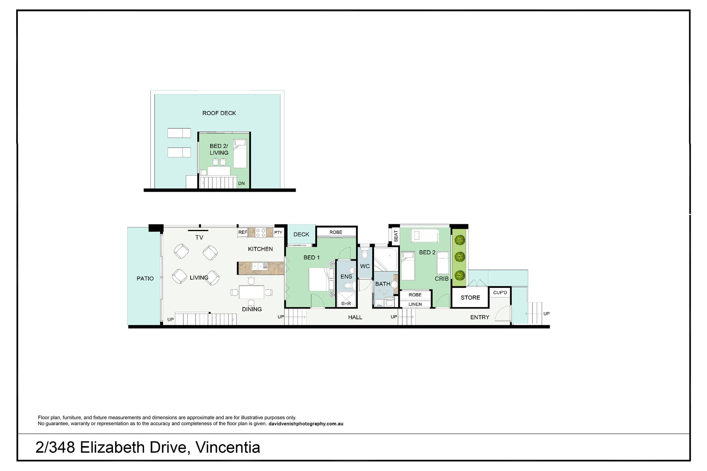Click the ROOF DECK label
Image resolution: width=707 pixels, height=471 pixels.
219,113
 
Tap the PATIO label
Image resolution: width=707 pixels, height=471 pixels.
145,279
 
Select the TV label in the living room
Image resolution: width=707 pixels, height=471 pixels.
199,238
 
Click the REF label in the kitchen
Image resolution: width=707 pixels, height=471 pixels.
243,232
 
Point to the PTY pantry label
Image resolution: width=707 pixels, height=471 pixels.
278,232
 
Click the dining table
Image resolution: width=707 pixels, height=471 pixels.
252,292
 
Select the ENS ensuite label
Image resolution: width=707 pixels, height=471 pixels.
346,276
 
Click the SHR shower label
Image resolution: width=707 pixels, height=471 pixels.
346,304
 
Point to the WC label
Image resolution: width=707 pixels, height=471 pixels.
365,266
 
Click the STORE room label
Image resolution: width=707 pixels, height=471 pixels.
470,297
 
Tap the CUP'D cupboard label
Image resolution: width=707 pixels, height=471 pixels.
500,293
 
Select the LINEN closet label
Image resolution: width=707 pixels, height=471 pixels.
415,304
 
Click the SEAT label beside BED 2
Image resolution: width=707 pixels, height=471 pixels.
396,236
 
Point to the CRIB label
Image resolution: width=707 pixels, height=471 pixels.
442,279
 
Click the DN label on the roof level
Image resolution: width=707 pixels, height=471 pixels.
241,183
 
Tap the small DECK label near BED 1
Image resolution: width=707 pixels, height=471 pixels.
301,234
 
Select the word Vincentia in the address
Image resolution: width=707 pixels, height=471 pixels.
228,447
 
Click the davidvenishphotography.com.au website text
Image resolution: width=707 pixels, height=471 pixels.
306,424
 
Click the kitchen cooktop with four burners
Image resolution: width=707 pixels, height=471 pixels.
261,232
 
